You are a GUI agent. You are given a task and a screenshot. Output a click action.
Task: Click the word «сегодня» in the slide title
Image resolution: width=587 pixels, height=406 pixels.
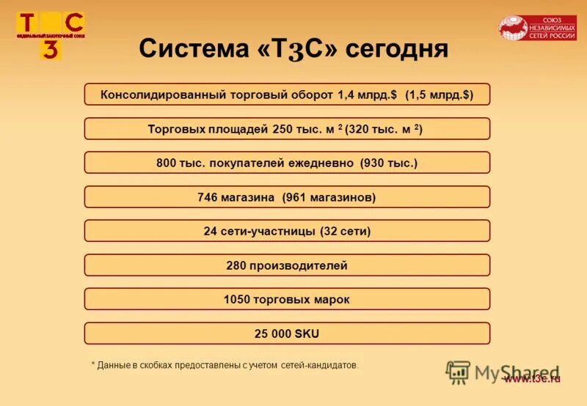(x=397, y=49)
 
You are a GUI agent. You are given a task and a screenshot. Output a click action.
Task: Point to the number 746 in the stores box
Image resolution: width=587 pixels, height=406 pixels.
(x=209, y=197)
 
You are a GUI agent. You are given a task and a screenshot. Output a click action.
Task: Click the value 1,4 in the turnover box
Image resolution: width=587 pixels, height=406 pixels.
(x=346, y=95)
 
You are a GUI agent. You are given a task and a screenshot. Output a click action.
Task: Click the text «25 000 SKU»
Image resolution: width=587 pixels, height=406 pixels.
(x=286, y=333)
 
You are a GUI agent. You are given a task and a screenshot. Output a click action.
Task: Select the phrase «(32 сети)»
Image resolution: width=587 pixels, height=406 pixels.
(x=345, y=231)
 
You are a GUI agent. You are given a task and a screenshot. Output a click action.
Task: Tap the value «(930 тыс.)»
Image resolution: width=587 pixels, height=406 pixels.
(x=389, y=163)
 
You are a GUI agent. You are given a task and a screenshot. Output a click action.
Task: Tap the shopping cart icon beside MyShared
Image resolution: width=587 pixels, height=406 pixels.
(x=458, y=372)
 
